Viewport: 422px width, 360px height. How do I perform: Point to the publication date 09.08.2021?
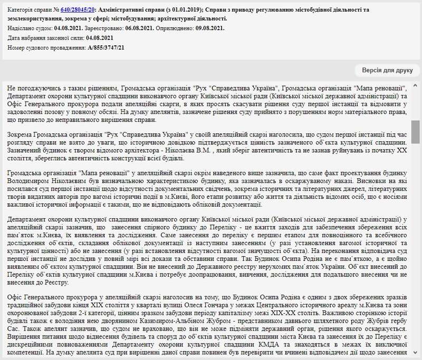tap(210, 28)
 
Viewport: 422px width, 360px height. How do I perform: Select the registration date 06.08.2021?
tap(140, 28)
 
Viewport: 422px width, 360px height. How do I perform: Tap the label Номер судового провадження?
tap(47, 47)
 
